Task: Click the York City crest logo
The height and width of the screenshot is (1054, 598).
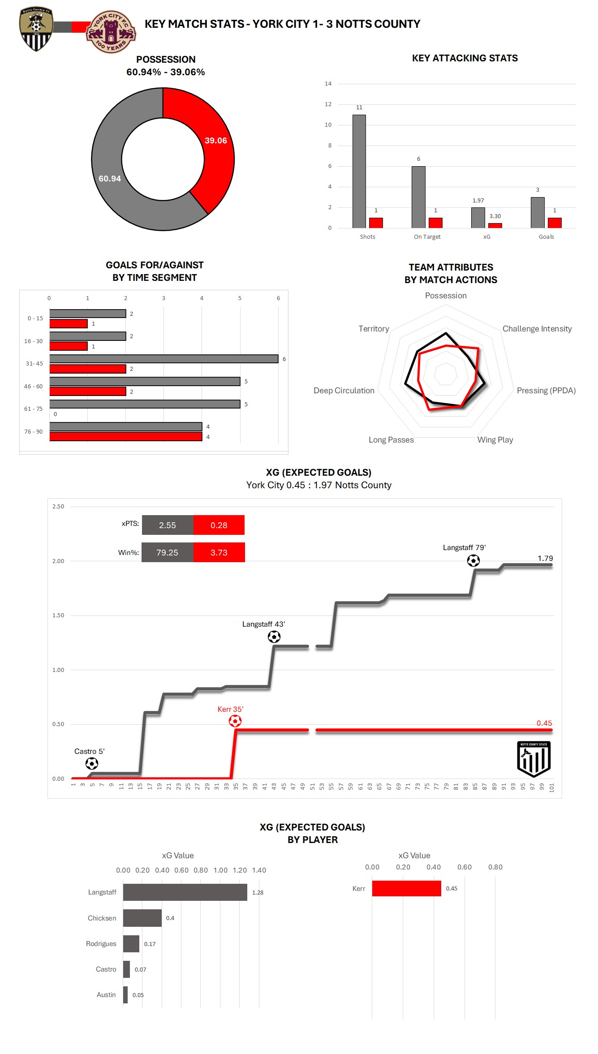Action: pos(111,32)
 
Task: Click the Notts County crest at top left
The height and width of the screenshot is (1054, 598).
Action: pos(36,29)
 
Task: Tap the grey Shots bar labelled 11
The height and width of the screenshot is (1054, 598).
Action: pos(359,172)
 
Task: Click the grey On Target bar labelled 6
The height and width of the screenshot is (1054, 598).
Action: pos(418,197)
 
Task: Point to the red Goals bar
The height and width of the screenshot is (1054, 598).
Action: pos(555,223)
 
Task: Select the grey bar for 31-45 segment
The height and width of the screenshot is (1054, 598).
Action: pos(163,359)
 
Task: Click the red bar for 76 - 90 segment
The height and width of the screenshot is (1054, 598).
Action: pos(125,437)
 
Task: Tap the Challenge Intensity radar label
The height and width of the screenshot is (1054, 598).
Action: pos(537,329)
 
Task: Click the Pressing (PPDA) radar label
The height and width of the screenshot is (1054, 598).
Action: pos(546,391)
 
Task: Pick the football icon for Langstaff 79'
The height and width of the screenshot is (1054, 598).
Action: pos(473,560)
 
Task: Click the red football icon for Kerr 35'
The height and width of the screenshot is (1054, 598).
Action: pos(235,721)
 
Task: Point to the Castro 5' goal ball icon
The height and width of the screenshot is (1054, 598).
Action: pos(92,763)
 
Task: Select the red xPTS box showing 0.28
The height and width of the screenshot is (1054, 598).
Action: pos(219,525)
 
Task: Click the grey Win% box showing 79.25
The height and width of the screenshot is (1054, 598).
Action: pos(167,553)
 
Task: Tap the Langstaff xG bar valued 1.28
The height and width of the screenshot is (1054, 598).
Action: pos(185,892)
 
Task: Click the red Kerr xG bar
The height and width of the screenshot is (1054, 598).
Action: pos(406,889)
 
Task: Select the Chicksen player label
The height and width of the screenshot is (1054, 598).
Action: pos(102,918)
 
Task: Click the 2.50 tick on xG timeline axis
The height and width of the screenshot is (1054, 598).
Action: pos(58,507)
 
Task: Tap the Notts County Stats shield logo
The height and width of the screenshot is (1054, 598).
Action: pos(533,759)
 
